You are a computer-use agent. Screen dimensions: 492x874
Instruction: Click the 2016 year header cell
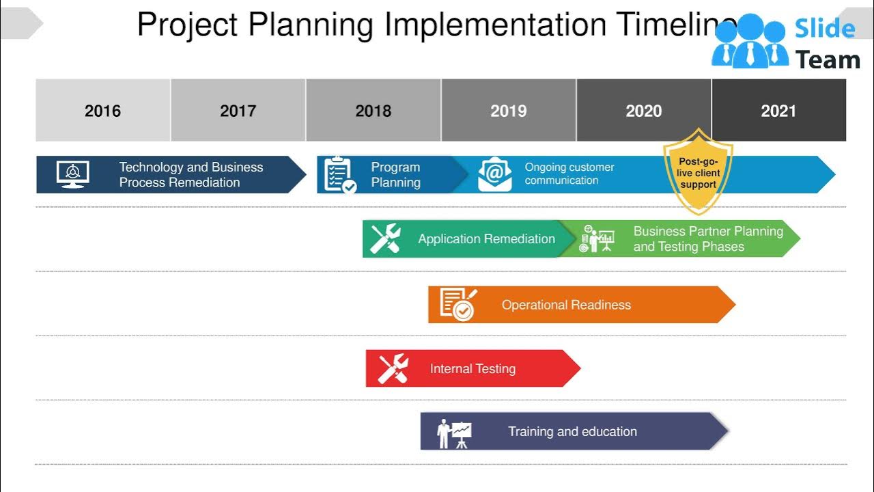coord(102,111)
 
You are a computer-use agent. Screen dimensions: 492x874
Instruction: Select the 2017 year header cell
coord(238,111)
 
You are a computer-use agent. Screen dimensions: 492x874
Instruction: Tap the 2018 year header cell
coord(373,111)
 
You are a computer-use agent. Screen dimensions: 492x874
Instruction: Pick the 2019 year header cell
coord(508,111)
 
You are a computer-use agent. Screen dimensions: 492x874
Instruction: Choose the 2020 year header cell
coord(643,111)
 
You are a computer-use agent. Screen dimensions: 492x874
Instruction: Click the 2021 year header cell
coord(778,111)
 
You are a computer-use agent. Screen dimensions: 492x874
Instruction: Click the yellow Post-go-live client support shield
coord(698,172)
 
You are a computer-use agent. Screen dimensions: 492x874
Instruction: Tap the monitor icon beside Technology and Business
coord(72,175)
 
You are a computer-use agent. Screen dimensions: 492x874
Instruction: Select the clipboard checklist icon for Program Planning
coord(339,175)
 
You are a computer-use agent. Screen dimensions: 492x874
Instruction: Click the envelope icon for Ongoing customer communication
coord(494,174)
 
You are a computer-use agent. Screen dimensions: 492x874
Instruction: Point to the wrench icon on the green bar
coord(385,239)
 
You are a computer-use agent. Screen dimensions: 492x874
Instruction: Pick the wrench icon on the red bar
coord(393,369)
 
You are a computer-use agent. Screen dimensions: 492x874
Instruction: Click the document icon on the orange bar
coord(457,304)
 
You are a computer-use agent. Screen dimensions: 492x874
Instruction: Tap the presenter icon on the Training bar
coord(454,433)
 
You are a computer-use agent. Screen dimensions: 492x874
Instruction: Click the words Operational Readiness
coord(566,305)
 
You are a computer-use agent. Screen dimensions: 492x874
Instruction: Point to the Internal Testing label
coord(473,369)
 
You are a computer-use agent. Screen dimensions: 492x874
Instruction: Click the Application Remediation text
coord(486,239)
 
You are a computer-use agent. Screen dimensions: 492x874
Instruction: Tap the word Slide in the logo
coord(825,29)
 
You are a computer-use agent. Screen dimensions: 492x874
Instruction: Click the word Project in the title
coord(187,25)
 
